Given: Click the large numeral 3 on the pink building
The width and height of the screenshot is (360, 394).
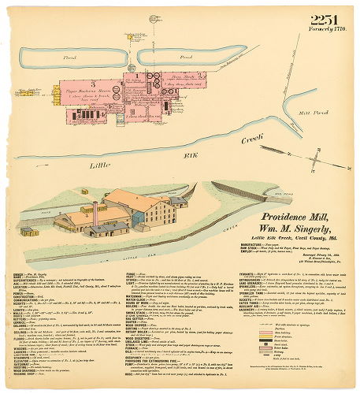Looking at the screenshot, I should pyautogui.click(x=95, y=83).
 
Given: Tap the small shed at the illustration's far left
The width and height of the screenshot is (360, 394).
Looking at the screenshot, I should pyautogui.click(x=27, y=231).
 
